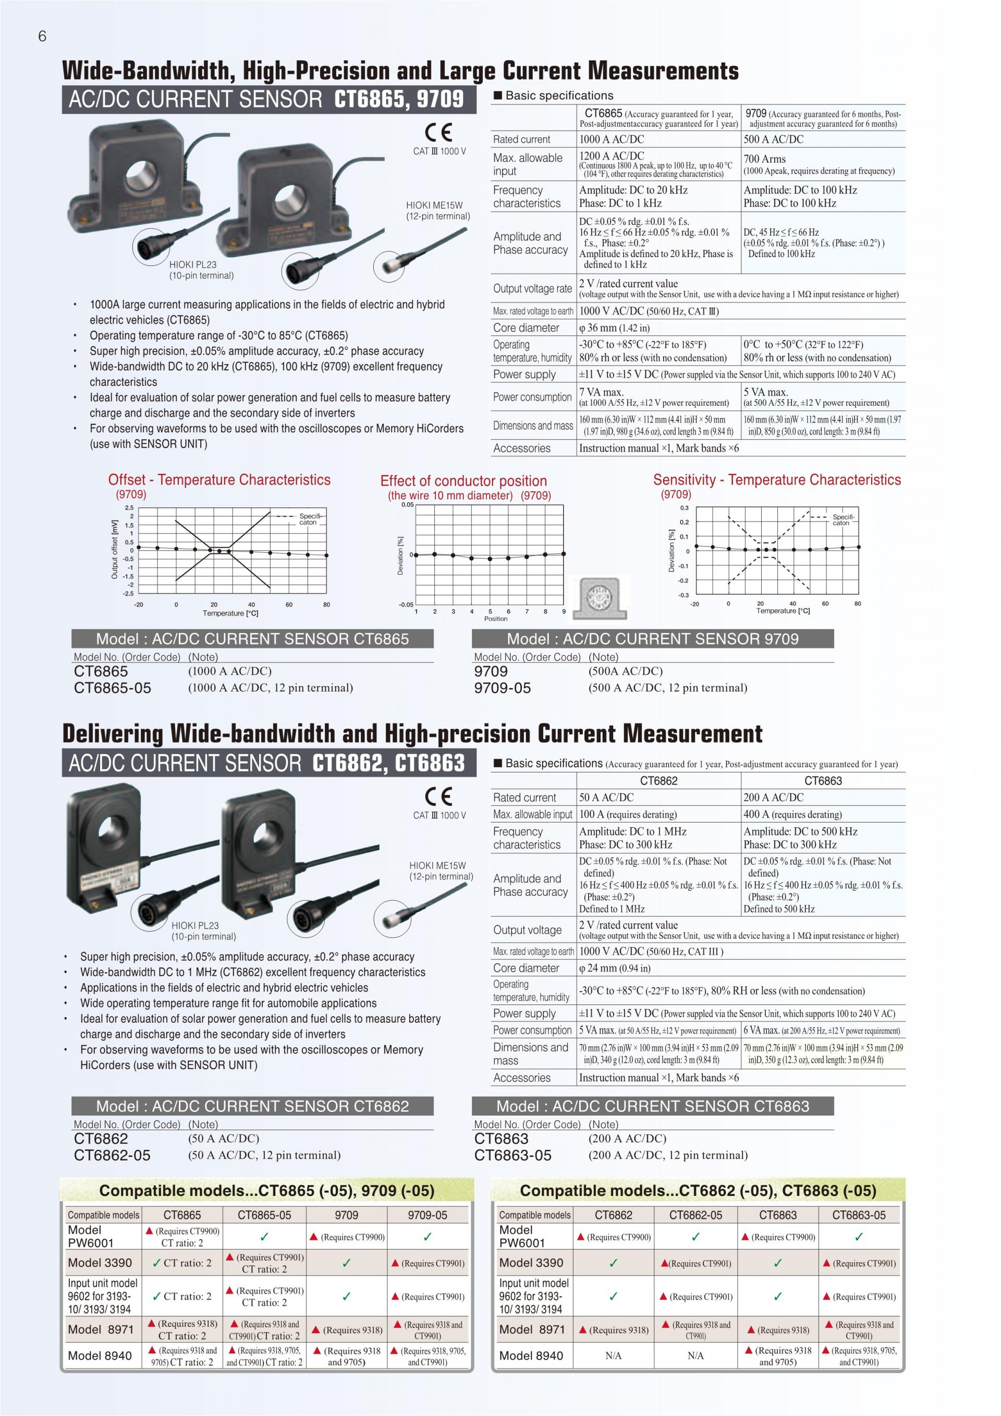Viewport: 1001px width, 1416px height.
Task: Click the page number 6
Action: [42, 37]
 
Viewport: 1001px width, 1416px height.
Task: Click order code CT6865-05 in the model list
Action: [112, 687]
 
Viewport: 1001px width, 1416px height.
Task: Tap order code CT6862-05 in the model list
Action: [112, 1155]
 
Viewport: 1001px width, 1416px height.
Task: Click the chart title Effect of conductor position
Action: [463, 481]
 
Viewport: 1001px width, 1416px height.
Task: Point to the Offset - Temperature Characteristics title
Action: [219, 480]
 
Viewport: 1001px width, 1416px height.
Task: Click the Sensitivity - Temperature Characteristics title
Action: [777, 480]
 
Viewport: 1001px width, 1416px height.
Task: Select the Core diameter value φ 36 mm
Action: [614, 328]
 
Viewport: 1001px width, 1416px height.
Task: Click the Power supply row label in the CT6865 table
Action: [524, 374]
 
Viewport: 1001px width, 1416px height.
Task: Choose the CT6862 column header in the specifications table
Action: [658, 781]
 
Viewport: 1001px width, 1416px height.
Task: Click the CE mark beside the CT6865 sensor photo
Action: [438, 132]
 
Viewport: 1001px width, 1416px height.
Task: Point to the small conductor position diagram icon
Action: [599, 598]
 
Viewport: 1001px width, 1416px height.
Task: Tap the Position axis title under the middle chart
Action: [496, 619]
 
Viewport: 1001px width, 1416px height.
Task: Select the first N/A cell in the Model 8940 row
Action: [613, 1356]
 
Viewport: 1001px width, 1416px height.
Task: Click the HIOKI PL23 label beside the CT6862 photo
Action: [195, 925]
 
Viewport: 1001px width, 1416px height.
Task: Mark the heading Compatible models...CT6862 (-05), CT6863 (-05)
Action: [698, 1190]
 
